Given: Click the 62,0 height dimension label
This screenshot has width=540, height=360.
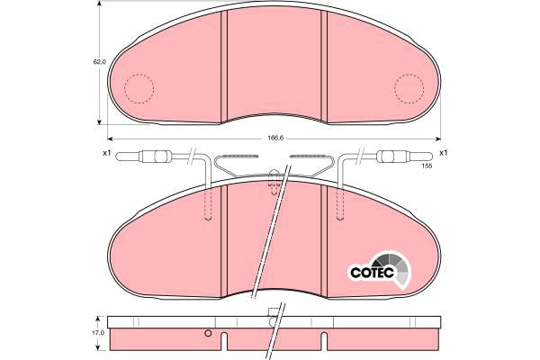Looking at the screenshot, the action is click(99, 62).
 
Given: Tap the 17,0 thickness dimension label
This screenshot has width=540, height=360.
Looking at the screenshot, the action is click(98, 333).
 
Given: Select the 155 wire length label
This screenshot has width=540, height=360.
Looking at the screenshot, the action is click(427, 166).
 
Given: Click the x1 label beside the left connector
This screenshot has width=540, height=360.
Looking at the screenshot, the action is click(107, 153).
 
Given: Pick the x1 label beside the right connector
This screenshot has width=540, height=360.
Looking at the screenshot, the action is click(443, 153).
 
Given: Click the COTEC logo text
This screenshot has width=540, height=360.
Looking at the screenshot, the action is click(372, 273).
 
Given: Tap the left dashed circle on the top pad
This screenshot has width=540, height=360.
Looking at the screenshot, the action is click(139, 88).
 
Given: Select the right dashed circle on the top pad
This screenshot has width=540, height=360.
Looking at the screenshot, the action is click(409, 88).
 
